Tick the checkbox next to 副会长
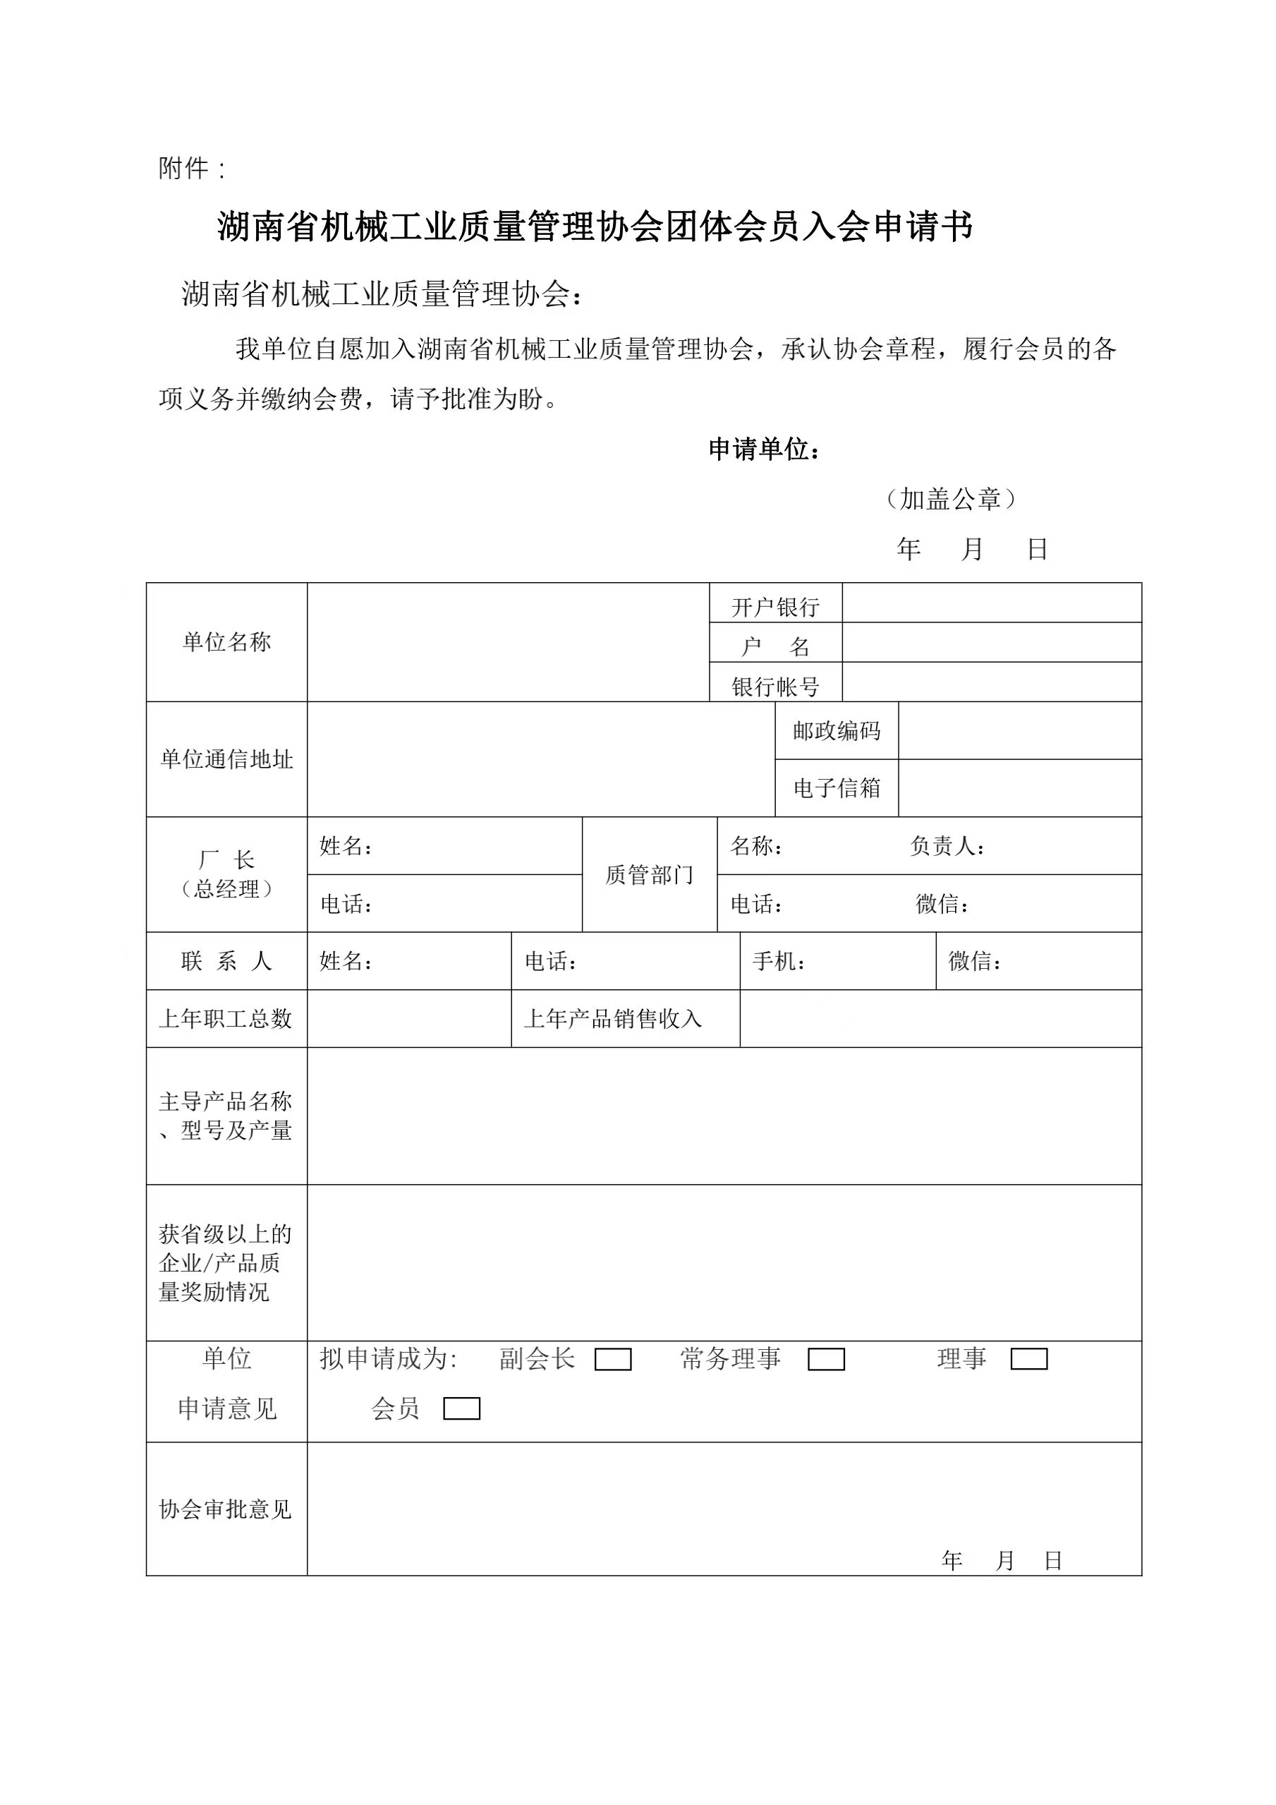(x=612, y=1359)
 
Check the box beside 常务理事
(x=826, y=1359)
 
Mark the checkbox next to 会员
(x=461, y=1408)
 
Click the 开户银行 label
(x=774, y=607)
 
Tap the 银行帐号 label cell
(x=774, y=687)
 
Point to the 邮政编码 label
(x=836, y=731)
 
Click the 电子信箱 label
(x=836, y=787)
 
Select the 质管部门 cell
(x=649, y=874)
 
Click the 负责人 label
(x=946, y=846)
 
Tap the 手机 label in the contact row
(x=778, y=960)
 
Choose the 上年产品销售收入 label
(x=613, y=1019)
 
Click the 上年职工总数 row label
(x=226, y=1019)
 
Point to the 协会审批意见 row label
(x=226, y=1509)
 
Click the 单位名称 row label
(x=226, y=642)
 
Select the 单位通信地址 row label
(x=226, y=759)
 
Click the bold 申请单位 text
(x=764, y=449)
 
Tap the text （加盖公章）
(x=950, y=499)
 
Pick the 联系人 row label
(x=226, y=960)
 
